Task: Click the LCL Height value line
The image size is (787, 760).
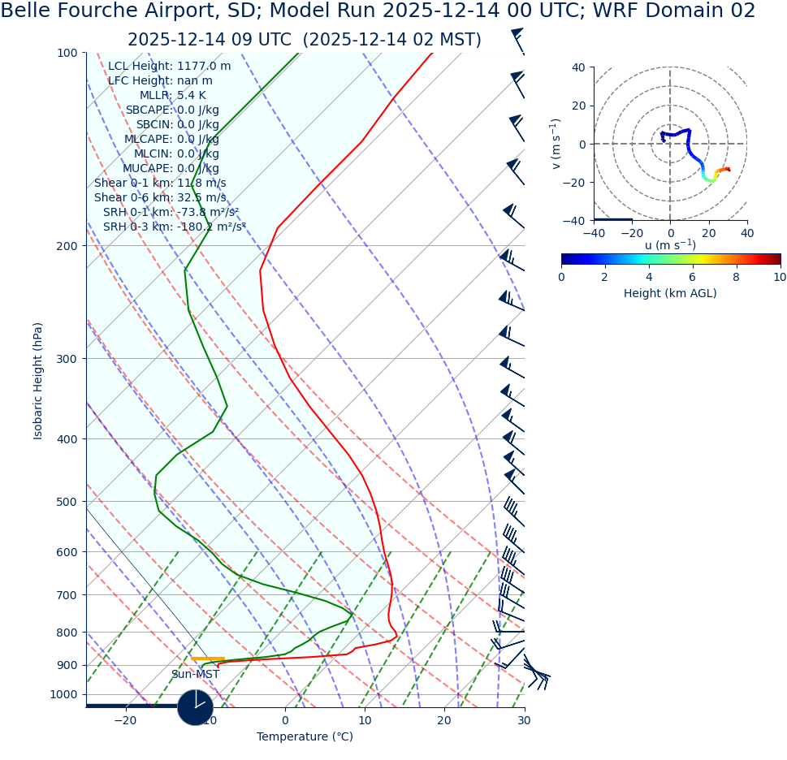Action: coord(169,67)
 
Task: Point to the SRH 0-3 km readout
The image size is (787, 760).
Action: coord(174,227)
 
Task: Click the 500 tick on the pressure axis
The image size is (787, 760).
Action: coord(67,502)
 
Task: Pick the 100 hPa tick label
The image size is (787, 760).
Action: coord(67,54)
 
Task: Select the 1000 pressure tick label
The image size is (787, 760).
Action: coord(63,695)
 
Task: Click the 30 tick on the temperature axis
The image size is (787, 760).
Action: coord(524,721)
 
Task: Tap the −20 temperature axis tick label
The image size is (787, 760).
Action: coord(125,721)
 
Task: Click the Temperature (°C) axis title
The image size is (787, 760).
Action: coord(305,737)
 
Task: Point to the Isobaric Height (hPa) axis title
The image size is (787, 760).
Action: coord(38,381)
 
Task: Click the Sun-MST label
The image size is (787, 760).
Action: coord(195,675)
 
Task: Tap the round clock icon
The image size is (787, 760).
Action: coord(195,707)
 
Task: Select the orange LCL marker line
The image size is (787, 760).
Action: coord(208,659)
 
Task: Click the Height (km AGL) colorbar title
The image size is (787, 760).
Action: coord(670,294)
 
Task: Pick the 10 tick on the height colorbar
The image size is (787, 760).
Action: coord(779,277)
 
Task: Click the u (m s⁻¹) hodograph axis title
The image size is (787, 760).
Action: coord(670,246)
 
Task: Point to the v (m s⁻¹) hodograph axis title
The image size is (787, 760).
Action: coord(556,144)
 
